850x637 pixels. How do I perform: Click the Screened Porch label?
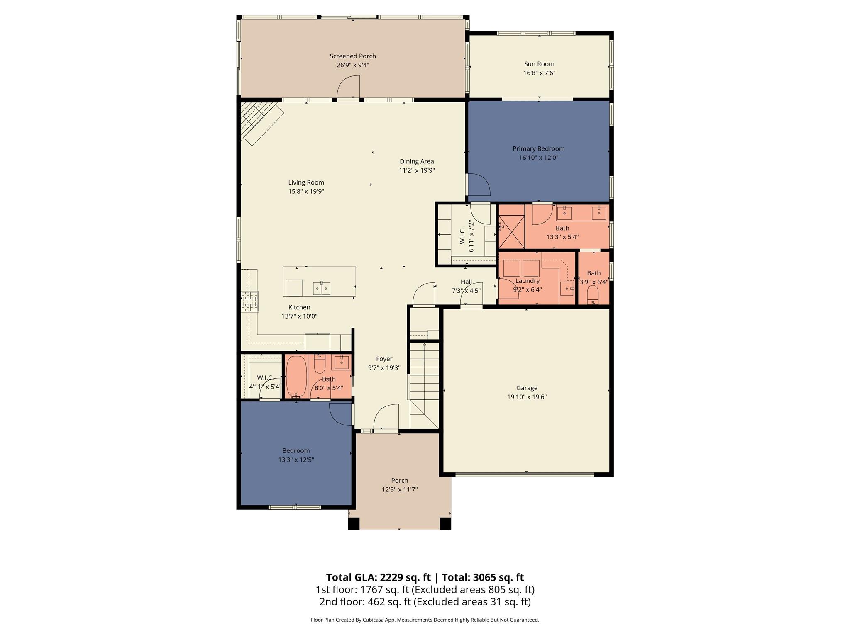pyautogui.click(x=353, y=56)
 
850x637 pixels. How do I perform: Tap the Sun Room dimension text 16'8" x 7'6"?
pyautogui.click(x=539, y=73)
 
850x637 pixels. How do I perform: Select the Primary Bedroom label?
pyautogui.click(x=538, y=148)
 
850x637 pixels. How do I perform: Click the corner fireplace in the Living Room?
pyautogui.click(x=261, y=122)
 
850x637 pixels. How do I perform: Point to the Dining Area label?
pyautogui.click(x=417, y=161)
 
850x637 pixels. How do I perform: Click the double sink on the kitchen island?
pyautogui.click(x=321, y=288)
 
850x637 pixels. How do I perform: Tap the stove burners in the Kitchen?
pyautogui.click(x=250, y=301)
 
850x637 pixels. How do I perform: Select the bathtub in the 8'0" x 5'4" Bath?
pyautogui.click(x=296, y=376)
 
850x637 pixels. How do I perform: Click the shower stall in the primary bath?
pyautogui.click(x=511, y=232)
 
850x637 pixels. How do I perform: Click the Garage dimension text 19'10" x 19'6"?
pyautogui.click(x=527, y=397)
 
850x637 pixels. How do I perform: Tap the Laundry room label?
pyautogui.click(x=527, y=281)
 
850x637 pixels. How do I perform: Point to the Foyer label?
pyautogui.click(x=384, y=359)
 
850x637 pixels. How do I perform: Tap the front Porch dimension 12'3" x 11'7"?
pyautogui.click(x=399, y=489)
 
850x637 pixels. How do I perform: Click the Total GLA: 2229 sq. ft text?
pyautogui.click(x=378, y=577)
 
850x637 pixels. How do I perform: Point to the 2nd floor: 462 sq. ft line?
pyautogui.click(x=425, y=602)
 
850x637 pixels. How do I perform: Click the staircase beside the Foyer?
pyautogui.click(x=424, y=373)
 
